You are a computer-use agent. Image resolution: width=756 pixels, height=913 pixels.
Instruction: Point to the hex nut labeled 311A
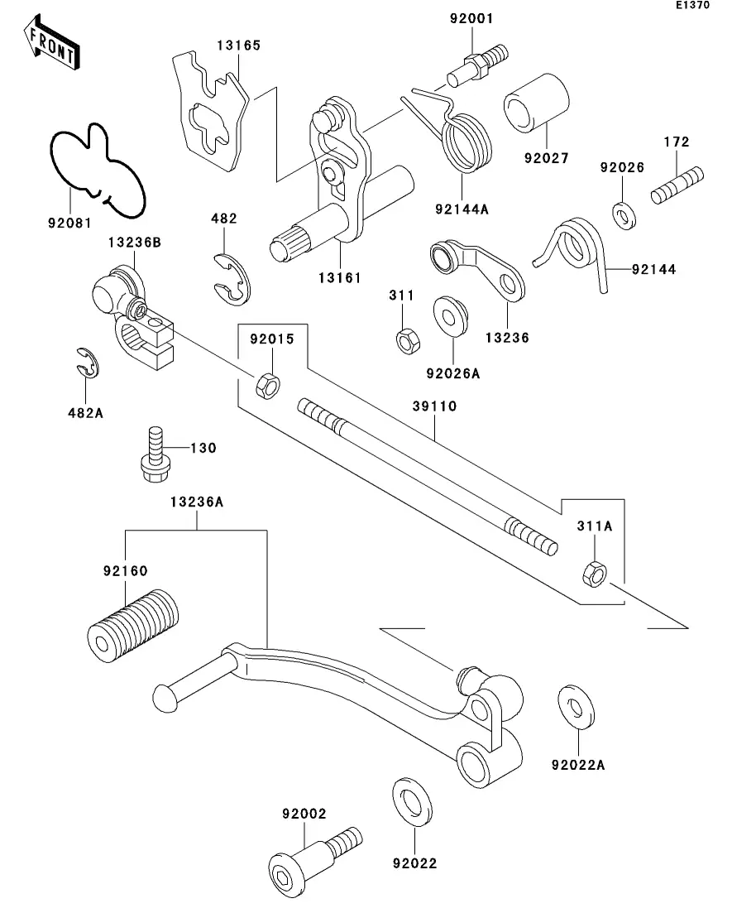[594, 570]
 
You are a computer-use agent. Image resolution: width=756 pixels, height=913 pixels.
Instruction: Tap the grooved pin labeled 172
[677, 185]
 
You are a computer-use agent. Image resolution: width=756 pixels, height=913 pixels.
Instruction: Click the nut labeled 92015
[266, 384]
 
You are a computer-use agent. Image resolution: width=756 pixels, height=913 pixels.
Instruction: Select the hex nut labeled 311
[406, 339]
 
